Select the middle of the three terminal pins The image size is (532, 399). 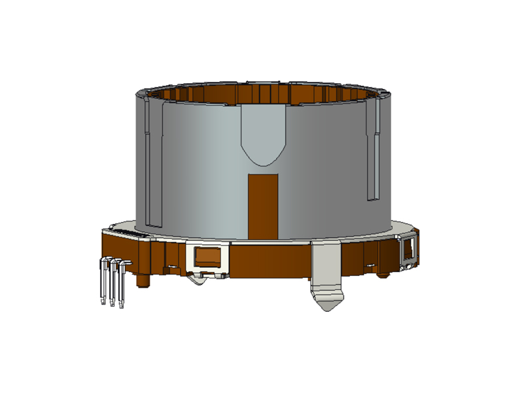pyautogui.click(x=112, y=283)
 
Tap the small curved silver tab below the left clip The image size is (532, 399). pyautogui.click(x=199, y=279)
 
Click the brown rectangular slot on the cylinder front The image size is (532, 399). pyautogui.click(x=263, y=206)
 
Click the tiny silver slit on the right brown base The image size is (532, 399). pyautogui.click(x=368, y=265)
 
